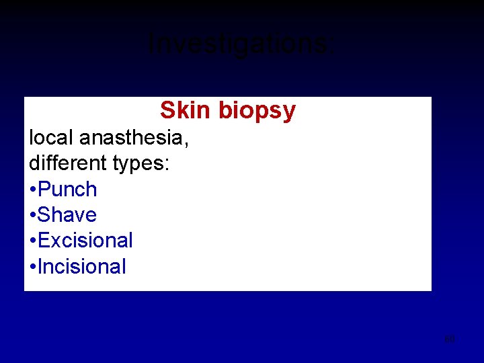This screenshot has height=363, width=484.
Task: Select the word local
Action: pos(51,137)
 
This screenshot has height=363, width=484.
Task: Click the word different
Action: pos(67,163)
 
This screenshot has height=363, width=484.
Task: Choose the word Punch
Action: pos(67,190)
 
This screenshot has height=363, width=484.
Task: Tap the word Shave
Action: pos(67,215)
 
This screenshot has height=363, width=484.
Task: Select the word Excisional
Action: pos(85,241)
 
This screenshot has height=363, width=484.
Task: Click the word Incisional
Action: pos(82,267)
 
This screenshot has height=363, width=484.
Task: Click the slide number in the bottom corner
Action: pos(450,339)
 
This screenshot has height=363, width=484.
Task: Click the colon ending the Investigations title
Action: pos(330,47)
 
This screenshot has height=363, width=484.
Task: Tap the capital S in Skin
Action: pos(167,110)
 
